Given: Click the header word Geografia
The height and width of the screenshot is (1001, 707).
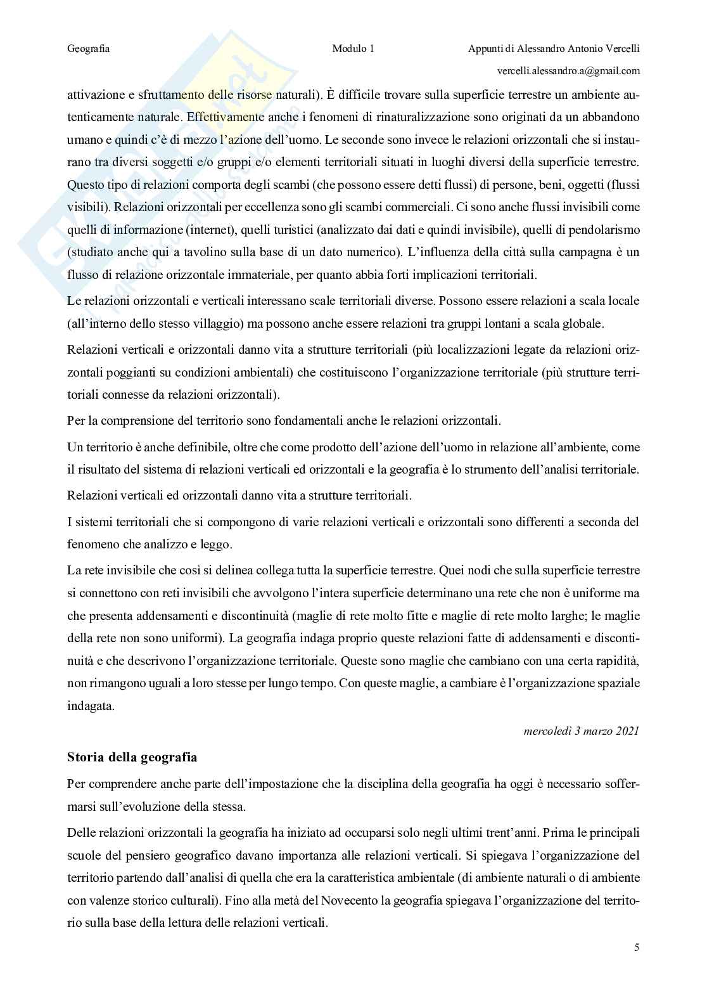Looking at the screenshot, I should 88,49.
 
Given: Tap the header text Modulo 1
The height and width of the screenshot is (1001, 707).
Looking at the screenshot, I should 353,49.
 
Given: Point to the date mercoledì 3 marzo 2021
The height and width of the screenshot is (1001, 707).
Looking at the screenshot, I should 582,731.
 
